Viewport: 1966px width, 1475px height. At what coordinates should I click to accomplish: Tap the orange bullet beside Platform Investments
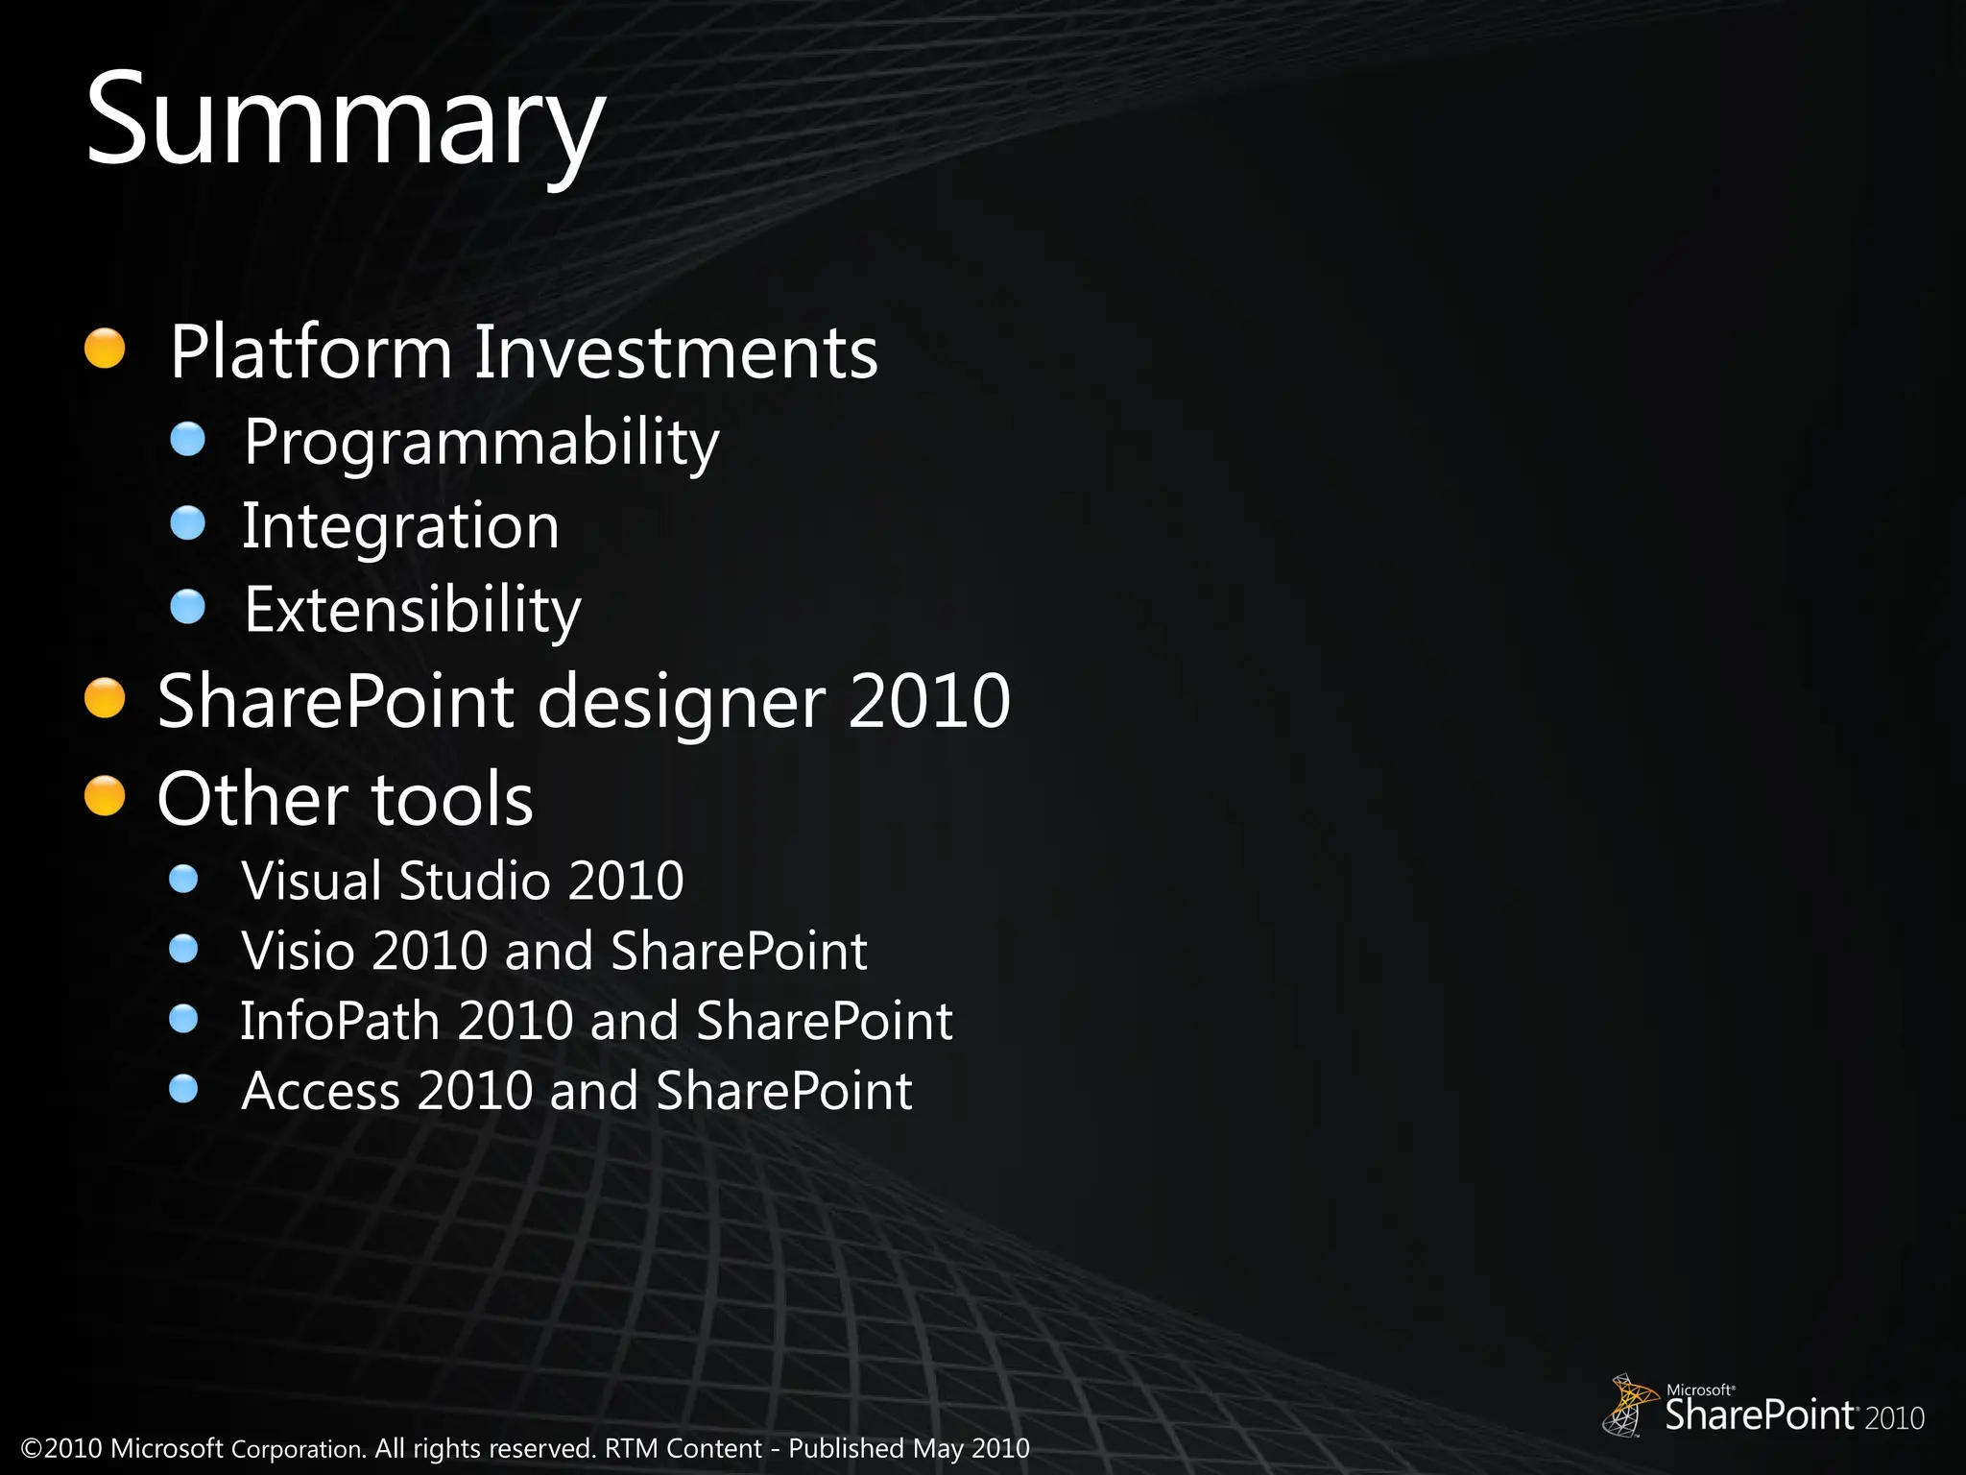pyautogui.click(x=105, y=349)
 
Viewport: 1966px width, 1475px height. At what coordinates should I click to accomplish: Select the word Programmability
pyautogui.click(x=481, y=443)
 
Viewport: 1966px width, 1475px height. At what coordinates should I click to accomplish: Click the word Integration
pyautogui.click(x=399, y=526)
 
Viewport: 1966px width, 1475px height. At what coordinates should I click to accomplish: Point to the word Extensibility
pyautogui.click(x=412, y=610)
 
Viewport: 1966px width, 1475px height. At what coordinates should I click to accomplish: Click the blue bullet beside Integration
pyautogui.click(x=188, y=523)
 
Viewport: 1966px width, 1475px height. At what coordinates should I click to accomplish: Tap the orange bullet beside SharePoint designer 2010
pyautogui.click(x=105, y=698)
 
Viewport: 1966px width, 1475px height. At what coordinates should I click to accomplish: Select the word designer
pyautogui.click(x=681, y=701)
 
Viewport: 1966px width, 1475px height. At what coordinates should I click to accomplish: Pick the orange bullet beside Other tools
pyautogui.click(x=105, y=796)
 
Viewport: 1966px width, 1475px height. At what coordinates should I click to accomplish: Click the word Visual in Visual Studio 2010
pyautogui.click(x=311, y=881)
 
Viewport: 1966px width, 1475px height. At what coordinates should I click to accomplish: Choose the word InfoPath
pyautogui.click(x=339, y=1021)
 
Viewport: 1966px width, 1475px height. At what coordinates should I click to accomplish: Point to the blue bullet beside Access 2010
pyautogui.click(x=183, y=1089)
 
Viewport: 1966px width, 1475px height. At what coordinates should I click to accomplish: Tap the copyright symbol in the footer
pyautogui.click(x=32, y=1448)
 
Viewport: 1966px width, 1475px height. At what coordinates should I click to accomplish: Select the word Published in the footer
pyautogui.click(x=847, y=1448)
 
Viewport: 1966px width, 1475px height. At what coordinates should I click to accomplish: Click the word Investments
pyautogui.click(x=676, y=352)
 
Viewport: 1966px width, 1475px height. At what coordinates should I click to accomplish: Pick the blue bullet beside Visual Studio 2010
pyautogui.click(x=183, y=879)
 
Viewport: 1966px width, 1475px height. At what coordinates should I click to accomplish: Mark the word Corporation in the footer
pyautogui.click(x=299, y=1449)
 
